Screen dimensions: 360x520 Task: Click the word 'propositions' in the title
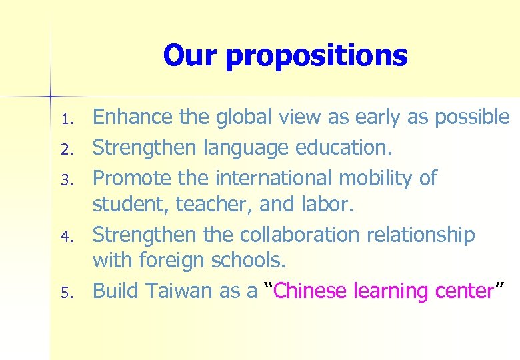pos(316,56)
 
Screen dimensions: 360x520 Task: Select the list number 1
pos(66,121)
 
